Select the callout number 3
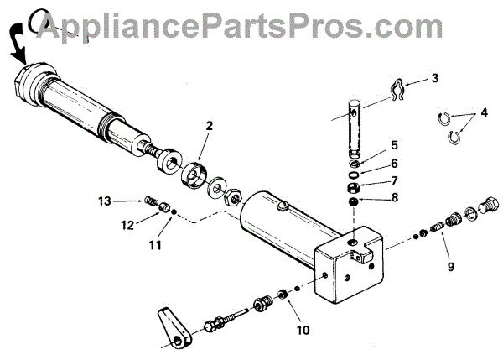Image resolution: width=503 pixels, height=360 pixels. click(435, 78)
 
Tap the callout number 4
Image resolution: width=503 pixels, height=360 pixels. click(483, 112)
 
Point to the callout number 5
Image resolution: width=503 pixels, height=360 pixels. click(394, 145)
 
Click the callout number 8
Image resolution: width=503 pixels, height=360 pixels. click(394, 200)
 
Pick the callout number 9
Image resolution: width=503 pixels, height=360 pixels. click(450, 267)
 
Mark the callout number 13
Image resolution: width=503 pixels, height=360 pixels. click(103, 201)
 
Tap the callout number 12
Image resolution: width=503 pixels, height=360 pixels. click(127, 224)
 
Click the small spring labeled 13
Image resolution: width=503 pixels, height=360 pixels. click(148, 201)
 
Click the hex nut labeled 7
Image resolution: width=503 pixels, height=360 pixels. click(355, 185)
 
